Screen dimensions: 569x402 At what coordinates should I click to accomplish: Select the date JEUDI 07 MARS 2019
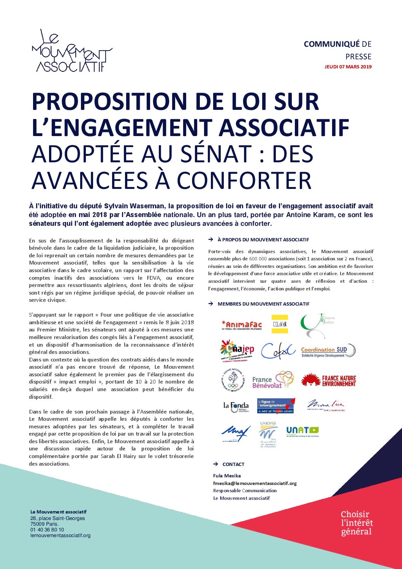pyautogui.click(x=348, y=67)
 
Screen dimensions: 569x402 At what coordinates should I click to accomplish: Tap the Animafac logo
pyautogui.click(x=242, y=325)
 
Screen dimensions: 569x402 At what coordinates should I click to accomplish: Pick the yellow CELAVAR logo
pyautogui.click(x=279, y=324)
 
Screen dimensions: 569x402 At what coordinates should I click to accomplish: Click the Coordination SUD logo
pyautogui.click(x=328, y=351)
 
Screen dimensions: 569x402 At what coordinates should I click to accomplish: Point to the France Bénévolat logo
pyautogui.click(x=272, y=380)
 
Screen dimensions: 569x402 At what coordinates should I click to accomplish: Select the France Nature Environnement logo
pyautogui.click(x=328, y=380)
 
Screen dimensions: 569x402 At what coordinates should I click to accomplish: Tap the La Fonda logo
pyautogui.click(x=236, y=407)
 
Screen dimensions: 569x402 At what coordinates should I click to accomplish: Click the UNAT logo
pyautogui.click(x=302, y=431)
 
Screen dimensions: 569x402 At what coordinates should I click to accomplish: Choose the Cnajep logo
pyautogui.click(x=237, y=350)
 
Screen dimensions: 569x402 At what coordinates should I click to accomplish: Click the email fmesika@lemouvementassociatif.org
pyautogui.click(x=255, y=483)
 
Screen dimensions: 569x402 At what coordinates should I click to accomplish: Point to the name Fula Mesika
pyautogui.click(x=227, y=475)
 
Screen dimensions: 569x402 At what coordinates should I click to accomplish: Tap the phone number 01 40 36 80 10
pyautogui.click(x=47, y=529)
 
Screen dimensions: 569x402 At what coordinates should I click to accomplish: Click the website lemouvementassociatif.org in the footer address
pyautogui.click(x=60, y=536)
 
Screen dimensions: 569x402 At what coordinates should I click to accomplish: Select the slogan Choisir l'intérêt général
pyautogui.click(x=356, y=523)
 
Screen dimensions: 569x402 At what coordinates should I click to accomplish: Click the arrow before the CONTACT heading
pyautogui.click(x=215, y=464)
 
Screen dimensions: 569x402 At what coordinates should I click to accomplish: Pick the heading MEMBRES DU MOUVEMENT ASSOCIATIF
pyautogui.click(x=263, y=304)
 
